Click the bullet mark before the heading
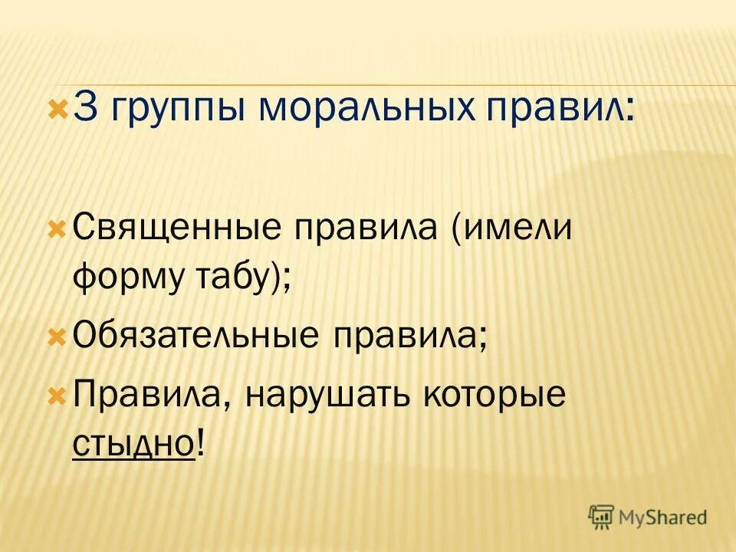click(x=58, y=108)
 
